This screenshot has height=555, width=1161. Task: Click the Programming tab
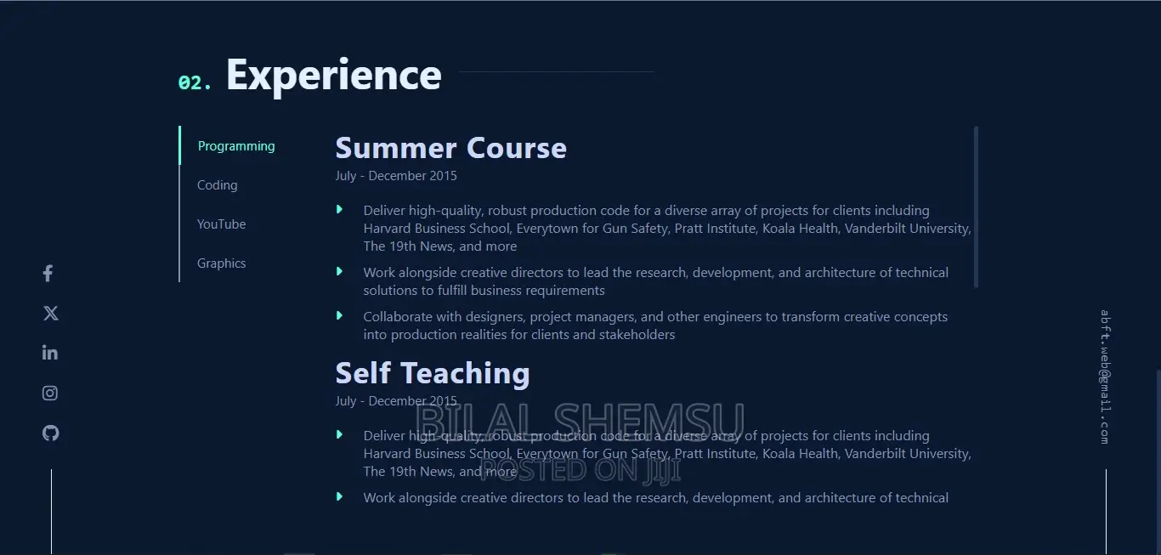pos(236,146)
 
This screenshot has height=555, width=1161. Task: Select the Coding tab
pos(218,185)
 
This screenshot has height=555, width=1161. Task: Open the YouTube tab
pos(221,224)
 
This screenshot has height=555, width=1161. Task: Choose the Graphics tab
pos(221,263)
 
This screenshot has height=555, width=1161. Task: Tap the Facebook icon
pos(48,273)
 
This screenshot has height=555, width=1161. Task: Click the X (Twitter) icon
pos(51,313)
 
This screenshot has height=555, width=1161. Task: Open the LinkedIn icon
pos(50,353)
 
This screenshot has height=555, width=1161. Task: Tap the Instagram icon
pos(50,393)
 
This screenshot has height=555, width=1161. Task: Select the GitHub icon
pos(50,433)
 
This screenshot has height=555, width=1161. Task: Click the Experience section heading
pos(334,76)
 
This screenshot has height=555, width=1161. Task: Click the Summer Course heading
pos(451,148)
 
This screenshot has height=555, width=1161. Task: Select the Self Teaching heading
pos(433,373)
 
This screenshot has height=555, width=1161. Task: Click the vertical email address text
pos(1105,377)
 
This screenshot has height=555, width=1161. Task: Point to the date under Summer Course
pos(396,176)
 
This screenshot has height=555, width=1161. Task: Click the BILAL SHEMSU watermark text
pos(580,421)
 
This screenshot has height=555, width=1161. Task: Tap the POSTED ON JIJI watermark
pos(580,470)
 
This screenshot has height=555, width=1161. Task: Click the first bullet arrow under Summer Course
pos(339,209)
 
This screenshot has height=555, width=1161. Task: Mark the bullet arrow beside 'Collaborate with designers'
pos(339,315)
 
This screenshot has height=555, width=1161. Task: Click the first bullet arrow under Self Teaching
pos(339,434)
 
